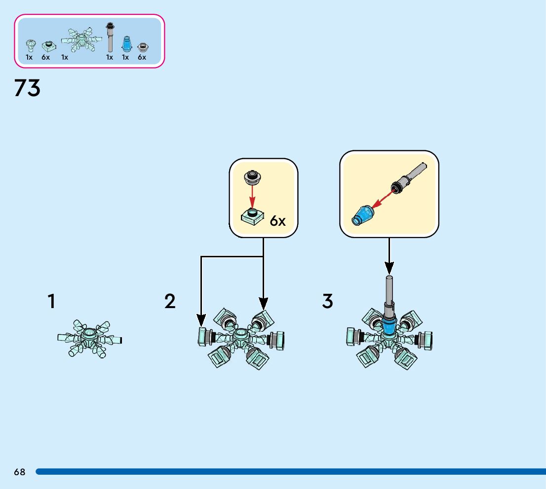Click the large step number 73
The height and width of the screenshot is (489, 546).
tap(27, 88)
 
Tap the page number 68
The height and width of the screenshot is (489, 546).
tap(19, 472)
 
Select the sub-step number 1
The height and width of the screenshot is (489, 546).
tap(51, 301)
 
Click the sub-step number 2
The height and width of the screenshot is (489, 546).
tap(170, 301)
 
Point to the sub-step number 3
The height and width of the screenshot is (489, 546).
tap(327, 301)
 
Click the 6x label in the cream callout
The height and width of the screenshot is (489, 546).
tap(277, 221)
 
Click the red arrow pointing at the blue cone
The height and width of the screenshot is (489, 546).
tap(383, 198)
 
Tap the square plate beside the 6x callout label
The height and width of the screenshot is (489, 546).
tap(252, 216)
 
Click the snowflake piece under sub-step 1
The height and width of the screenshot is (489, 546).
tap(89, 339)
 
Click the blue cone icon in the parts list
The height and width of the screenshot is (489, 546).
tap(126, 44)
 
